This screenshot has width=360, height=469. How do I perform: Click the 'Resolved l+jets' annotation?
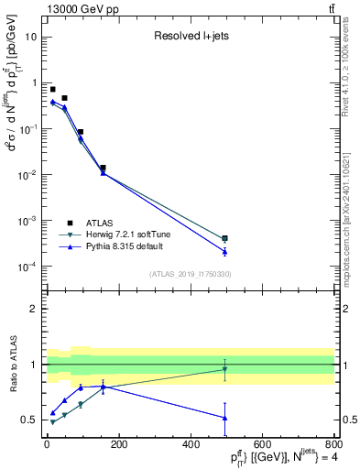click(x=190, y=37)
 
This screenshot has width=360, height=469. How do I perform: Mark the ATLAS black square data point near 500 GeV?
click(x=224, y=238)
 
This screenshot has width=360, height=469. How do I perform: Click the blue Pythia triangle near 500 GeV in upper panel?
click(x=224, y=251)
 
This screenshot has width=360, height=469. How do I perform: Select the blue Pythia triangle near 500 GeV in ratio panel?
click(x=224, y=418)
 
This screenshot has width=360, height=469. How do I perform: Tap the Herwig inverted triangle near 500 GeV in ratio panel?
click(x=224, y=369)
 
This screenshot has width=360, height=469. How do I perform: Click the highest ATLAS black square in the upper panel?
click(x=52, y=90)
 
